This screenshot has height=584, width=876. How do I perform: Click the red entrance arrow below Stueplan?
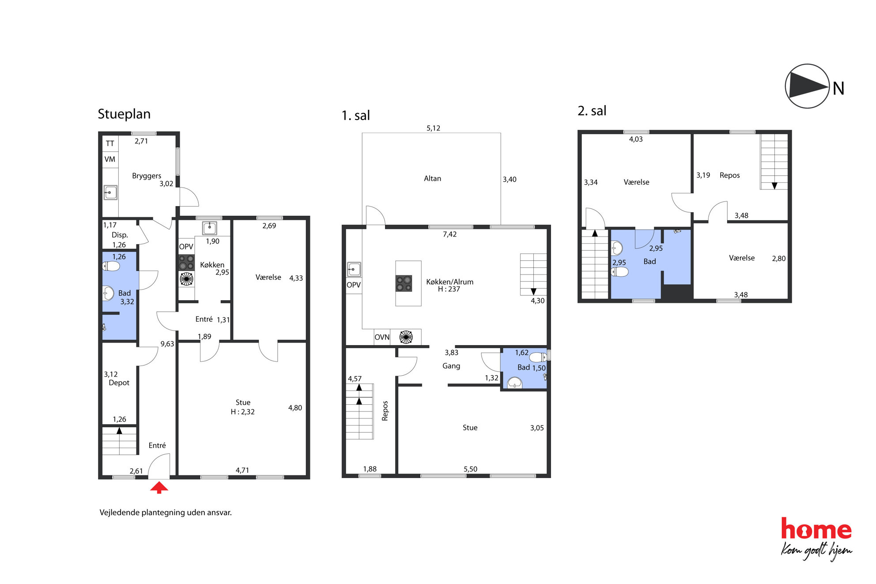click(159, 487)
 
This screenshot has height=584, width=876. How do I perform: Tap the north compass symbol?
click(807, 86)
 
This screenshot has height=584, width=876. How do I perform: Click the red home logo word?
click(816, 529)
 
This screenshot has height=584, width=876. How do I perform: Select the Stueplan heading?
click(124, 114)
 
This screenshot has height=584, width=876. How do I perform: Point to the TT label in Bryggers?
click(110, 143)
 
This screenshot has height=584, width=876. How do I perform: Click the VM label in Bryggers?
click(110, 159)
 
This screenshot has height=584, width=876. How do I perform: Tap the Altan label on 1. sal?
click(432, 178)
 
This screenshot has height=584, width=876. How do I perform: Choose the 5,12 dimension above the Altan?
click(433, 128)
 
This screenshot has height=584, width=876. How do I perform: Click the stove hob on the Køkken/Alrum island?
click(404, 283)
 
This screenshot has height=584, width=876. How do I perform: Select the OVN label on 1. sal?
click(382, 337)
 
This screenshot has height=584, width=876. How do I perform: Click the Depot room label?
click(119, 383)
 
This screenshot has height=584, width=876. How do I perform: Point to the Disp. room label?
click(120, 235)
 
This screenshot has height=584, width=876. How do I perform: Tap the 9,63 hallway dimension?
click(167, 344)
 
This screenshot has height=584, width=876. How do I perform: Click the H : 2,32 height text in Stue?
click(242, 412)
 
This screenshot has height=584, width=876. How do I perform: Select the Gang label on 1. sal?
click(451, 366)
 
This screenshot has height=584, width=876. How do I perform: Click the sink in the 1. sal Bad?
click(514, 383)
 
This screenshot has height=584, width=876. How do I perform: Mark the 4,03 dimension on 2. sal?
click(636, 139)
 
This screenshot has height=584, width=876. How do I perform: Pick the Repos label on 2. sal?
click(729, 175)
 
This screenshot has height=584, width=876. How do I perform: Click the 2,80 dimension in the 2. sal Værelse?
click(778, 259)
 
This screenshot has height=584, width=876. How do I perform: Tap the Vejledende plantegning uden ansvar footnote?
click(166, 512)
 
